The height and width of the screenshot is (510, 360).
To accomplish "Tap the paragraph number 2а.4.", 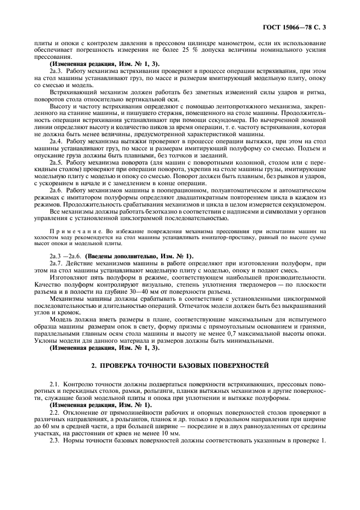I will click(57, 140).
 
